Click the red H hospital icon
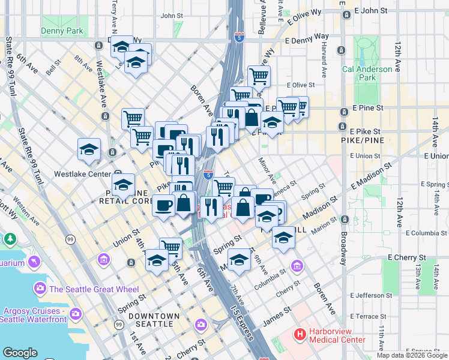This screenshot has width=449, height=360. pyautogui.click(x=298, y=333)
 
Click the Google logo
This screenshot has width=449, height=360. pyautogui.click(x=20, y=353)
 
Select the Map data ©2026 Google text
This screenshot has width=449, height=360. pyautogui.click(x=412, y=355)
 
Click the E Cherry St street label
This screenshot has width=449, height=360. pyautogui.click(x=409, y=257)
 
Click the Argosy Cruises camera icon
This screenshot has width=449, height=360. pyautogui.click(x=76, y=313)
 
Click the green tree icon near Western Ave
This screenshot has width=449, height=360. pyautogui.click(x=10, y=239)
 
